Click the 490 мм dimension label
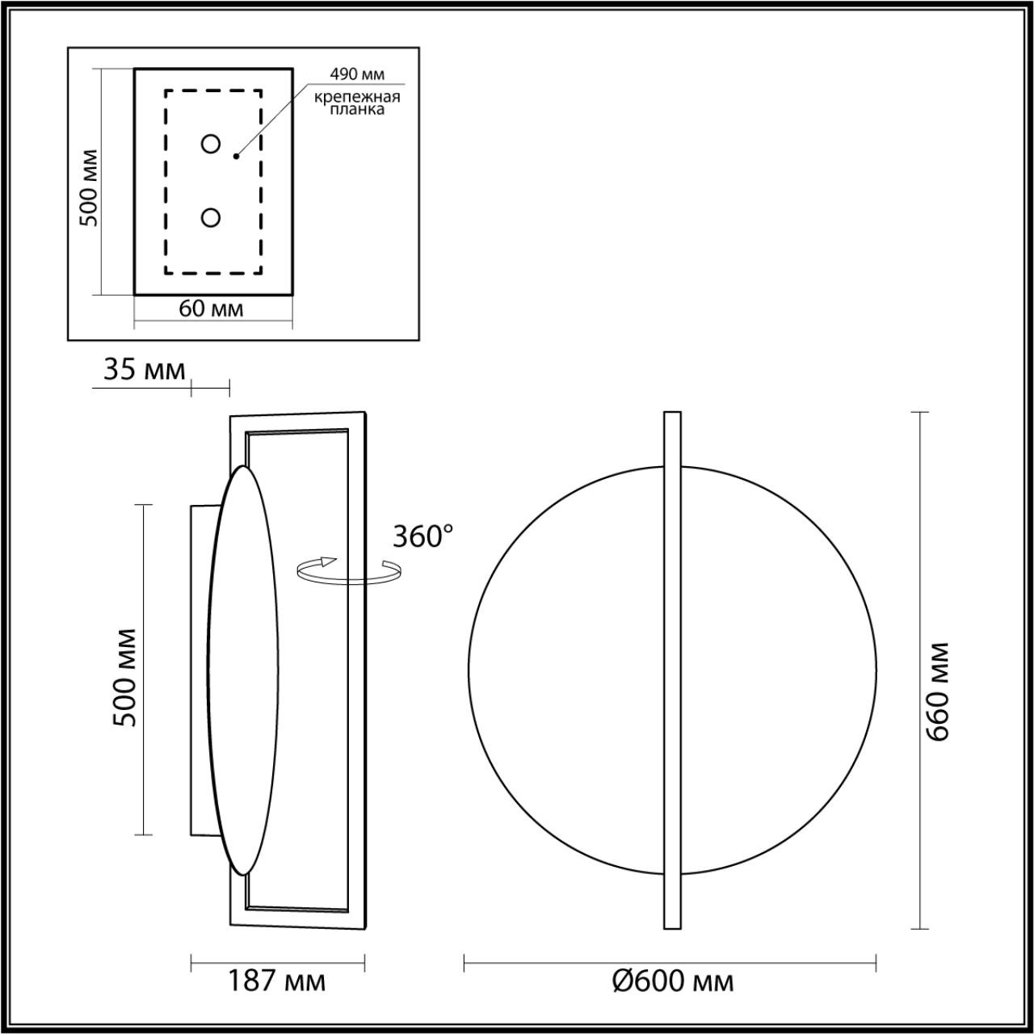pyautogui.click(x=357, y=74)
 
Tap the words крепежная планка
pyautogui.click(x=358, y=103)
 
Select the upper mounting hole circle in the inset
pyautogui.click(x=211, y=145)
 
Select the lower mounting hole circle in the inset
pyautogui.click(x=211, y=218)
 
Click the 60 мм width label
pyautogui.click(x=211, y=309)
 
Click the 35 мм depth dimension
pyautogui.click(x=144, y=370)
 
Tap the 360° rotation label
pyautogui.click(x=422, y=536)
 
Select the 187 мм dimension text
pyautogui.click(x=276, y=981)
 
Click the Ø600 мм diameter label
pyautogui.click(x=672, y=981)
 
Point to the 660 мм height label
pyautogui.click(x=938, y=692)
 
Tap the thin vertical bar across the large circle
pyautogui.click(x=671, y=670)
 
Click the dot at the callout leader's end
pyautogui.click(x=236, y=156)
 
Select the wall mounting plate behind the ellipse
pyautogui.click(x=203, y=670)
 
